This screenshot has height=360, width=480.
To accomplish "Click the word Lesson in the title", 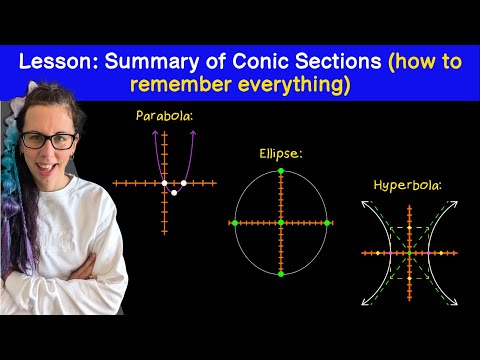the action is [58, 62].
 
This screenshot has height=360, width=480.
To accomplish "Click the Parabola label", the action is [164, 116].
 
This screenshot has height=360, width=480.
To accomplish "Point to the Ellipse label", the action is [281, 154].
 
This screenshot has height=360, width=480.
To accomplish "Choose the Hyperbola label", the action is [407, 185].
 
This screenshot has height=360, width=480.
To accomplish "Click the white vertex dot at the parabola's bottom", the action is [174, 193].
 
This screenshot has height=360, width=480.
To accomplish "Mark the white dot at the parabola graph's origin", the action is [164, 183].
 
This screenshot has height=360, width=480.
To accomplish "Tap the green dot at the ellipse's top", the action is [281, 171].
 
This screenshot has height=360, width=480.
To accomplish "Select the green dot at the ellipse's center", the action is [281, 223].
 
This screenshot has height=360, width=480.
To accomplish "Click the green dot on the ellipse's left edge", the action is [235, 223].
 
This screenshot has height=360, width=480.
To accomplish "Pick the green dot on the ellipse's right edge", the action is [327, 223].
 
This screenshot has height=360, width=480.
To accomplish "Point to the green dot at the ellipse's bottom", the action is [281, 274].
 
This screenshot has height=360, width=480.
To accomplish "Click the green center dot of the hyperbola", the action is [410, 253].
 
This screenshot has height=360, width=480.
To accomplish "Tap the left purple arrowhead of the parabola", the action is [155, 133].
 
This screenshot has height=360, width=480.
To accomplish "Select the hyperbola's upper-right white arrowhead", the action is [454, 205].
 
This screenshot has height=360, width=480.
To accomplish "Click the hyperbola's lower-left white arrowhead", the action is [366, 301].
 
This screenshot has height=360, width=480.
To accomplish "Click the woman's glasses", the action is [49, 141].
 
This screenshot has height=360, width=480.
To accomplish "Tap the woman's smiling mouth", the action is [46, 167].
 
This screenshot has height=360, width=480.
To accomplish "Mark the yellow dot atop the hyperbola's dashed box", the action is [410, 228].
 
